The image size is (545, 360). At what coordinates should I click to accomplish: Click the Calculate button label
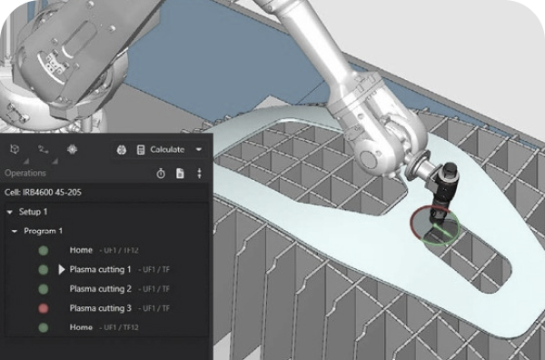pos(167,150)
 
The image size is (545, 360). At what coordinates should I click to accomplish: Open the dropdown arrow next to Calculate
pos(199,150)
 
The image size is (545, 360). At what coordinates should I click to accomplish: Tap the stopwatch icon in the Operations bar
pos(161,174)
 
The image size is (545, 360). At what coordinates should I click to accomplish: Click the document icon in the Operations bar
pos(180,174)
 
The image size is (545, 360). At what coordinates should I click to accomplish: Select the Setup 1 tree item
pos(33,212)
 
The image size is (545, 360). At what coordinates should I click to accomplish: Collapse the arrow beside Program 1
pos(15,231)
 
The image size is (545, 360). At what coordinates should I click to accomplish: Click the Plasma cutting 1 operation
pos(100,270)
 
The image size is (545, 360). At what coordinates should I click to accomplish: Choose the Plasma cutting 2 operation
pos(101,289)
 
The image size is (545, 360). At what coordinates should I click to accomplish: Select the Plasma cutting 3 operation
pos(101,308)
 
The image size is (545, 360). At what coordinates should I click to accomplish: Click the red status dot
pos(43,308)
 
